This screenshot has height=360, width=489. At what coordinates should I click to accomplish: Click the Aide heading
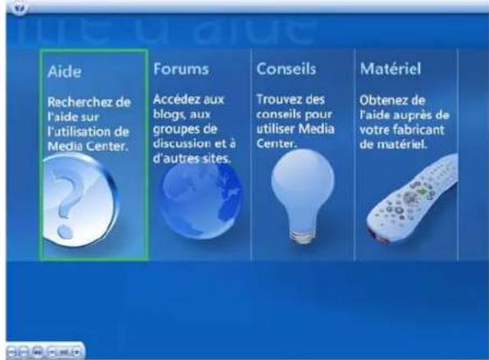click(65, 71)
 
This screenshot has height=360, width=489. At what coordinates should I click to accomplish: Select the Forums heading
click(181, 69)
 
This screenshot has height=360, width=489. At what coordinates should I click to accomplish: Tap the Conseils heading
click(286, 69)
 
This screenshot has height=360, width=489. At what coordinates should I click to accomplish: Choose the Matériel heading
click(391, 69)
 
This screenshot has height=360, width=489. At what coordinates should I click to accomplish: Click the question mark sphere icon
click(80, 201)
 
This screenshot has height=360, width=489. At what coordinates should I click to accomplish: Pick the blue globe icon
click(201, 199)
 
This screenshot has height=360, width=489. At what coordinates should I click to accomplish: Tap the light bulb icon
click(303, 196)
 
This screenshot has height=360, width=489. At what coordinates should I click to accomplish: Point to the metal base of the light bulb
click(302, 236)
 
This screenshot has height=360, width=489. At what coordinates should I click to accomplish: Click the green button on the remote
click(423, 191)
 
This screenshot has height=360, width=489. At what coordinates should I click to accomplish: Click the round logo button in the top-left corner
click(21, 7)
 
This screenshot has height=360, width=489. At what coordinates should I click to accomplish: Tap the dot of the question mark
click(65, 232)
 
